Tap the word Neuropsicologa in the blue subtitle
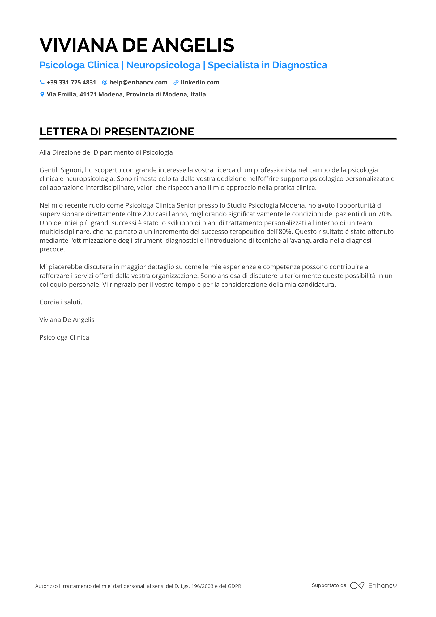click(163, 65)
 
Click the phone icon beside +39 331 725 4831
click(42, 82)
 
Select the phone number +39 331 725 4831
click(71, 82)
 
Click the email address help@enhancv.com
click(138, 82)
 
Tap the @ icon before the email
click(105, 82)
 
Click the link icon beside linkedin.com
click(176, 82)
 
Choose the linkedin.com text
click(200, 82)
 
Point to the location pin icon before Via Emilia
click(42, 94)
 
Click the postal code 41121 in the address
click(88, 94)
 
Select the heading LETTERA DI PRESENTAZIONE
click(117, 132)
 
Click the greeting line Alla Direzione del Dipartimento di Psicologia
click(106, 152)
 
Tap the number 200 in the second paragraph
click(148, 214)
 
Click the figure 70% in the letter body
click(385, 214)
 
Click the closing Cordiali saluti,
click(61, 302)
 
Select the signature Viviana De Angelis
click(67, 320)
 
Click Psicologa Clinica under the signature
click(64, 337)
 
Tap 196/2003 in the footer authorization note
click(202, 586)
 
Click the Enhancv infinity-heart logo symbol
click(357, 585)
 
